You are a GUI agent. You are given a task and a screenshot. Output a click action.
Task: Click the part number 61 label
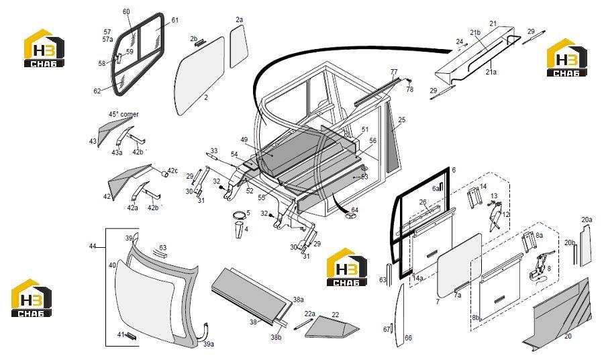pyautogui.click(x=175, y=20)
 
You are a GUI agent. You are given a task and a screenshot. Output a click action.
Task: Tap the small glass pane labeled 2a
pyautogui.click(x=238, y=46)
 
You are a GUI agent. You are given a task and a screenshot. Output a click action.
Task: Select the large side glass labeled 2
pyautogui.click(x=200, y=77)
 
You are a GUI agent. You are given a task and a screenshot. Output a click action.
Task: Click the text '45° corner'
pyautogui.click(x=123, y=114)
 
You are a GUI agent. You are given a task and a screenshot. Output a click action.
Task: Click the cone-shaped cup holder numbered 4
pyautogui.click(x=238, y=230)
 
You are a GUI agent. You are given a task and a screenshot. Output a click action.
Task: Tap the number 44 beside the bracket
pyautogui.click(x=93, y=246)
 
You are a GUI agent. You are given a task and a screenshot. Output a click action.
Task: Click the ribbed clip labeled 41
pyautogui.click(x=131, y=336)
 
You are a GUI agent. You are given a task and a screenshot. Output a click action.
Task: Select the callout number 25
pyautogui.click(x=402, y=120)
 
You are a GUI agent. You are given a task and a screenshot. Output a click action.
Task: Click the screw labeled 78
pyautogui.click(x=409, y=81)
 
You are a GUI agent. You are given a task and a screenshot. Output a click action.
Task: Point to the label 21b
pyautogui.click(x=475, y=32)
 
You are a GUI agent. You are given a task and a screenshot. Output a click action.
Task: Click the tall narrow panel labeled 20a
pyautogui.click(x=585, y=245)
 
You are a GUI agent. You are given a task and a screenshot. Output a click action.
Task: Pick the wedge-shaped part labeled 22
pyautogui.click(x=332, y=328)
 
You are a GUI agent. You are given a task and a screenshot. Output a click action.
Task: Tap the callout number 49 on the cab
pyautogui.click(x=244, y=140)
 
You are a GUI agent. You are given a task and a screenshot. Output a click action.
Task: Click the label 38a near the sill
pyautogui.click(x=299, y=299)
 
